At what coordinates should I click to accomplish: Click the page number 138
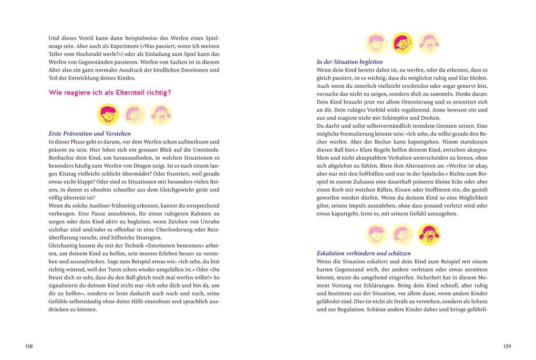29,346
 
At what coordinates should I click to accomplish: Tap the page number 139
507,346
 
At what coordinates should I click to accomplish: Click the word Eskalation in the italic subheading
333,253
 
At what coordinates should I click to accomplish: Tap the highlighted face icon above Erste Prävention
108,114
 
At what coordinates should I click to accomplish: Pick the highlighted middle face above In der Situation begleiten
403,43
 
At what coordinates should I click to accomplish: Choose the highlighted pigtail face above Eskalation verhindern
429,234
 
